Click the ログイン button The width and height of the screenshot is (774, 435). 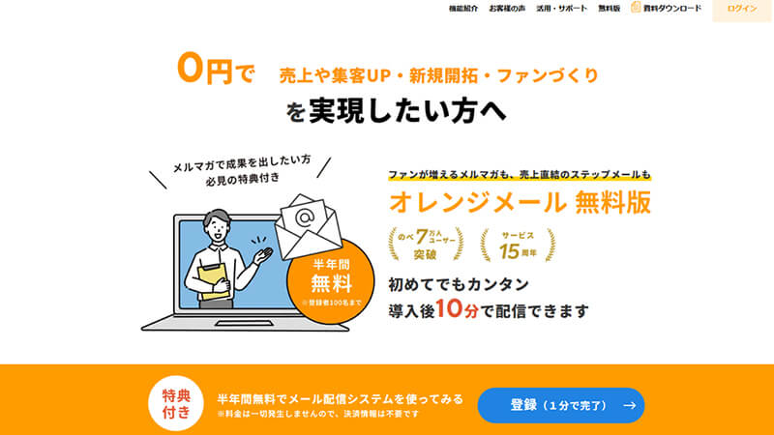(x=742, y=9)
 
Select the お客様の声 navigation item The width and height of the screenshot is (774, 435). (x=508, y=9)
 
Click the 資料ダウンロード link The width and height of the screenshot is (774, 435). (x=666, y=9)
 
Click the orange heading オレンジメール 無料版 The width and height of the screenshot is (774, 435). (x=519, y=202)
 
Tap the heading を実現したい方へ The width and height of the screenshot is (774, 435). (x=395, y=110)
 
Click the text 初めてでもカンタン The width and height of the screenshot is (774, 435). (x=459, y=285)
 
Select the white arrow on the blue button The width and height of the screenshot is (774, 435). (x=629, y=406)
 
